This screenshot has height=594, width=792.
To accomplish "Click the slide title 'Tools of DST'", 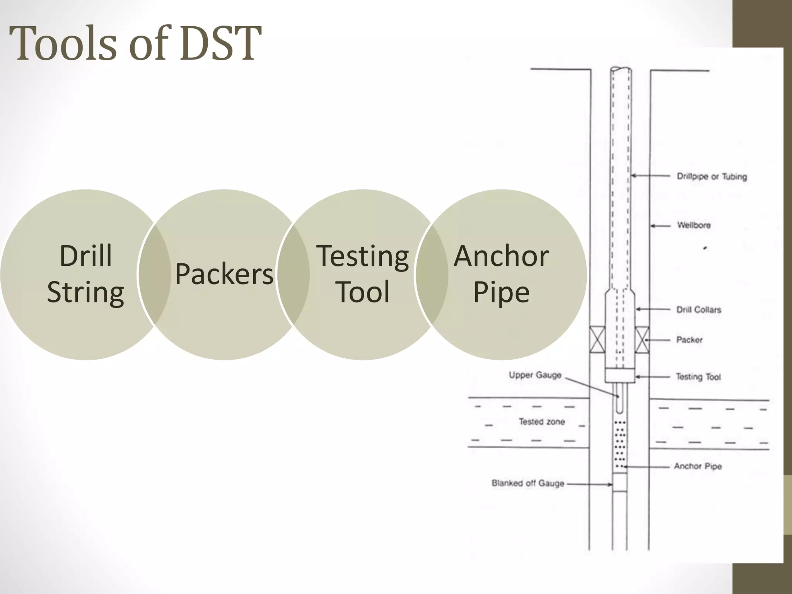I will pyautogui.click(x=135, y=43).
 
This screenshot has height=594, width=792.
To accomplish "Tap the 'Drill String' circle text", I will pyautogui.click(x=85, y=273).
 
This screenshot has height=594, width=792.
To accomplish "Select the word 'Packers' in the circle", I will pyautogui.click(x=224, y=274).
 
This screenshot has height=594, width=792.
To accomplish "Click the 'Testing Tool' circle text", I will pyautogui.click(x=363, y=273).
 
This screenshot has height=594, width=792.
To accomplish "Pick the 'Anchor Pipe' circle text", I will pyautogui.click(x=501, y=273).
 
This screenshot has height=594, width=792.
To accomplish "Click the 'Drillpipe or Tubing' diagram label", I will pyautogui.click(x=712, y=177).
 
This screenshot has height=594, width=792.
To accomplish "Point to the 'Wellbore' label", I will pyautogui.click(x=694, y=225).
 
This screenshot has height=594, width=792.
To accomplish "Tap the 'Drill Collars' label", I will pyautogui.click(x=698, y=310).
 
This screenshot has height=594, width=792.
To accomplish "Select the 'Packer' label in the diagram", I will pyautogui.click(x=689, y=340).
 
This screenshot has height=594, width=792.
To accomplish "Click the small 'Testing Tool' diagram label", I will pyautogui.click(x=698, y=377).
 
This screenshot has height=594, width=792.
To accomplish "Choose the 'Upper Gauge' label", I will pyautogui.click(x=535, y=375).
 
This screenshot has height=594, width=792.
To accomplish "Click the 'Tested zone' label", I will pyautogui.click(x=541, y=422).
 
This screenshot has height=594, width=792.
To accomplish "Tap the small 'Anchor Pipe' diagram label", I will pyautogui.click(x=698, y=466).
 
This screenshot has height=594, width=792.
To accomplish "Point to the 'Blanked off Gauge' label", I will pyautogui.click(x=527, y=483).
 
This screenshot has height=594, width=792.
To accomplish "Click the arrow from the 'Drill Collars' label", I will pyautogui.click(x=653, y=309).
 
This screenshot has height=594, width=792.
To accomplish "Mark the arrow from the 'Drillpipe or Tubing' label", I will pyautogui.click(x=650, y=176).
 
